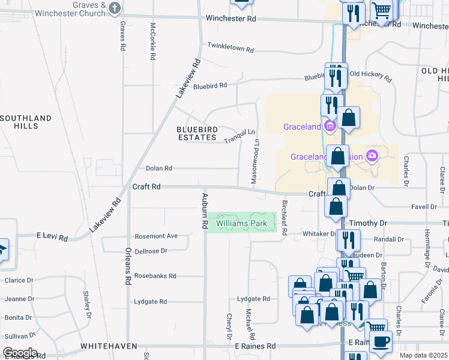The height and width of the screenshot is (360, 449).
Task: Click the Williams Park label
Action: pyautogui.click(x=241, y=223)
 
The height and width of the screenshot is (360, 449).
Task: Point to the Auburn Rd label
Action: pyautogui.click(x=204, y=210)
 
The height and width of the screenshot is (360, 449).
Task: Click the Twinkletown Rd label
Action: pyautogui.click(x=231, y=46)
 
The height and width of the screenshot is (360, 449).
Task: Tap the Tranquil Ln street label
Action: pyautogui.click(x=240, y=136)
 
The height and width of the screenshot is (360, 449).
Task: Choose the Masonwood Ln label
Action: pyautogui.click(x=256, y=161)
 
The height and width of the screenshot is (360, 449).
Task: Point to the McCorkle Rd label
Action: pyautogui.click(x=153, y=41)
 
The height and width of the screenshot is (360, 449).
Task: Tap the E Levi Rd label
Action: pyautogui.click(x=52, y=237)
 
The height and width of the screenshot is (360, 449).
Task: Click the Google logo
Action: pyautogui.click(x=20, y=353)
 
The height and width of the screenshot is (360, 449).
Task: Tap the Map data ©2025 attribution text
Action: pyautogui.click(x=423, y=355)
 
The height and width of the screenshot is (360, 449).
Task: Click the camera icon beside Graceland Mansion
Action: pyautogui.click(x=372, y=157)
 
